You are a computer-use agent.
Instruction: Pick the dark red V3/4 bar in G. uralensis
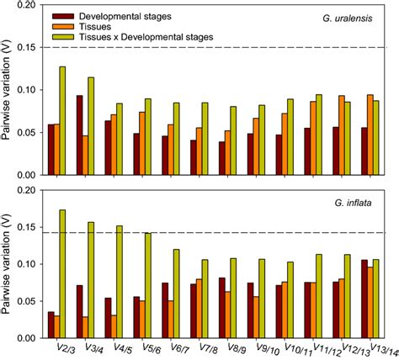(79, 135)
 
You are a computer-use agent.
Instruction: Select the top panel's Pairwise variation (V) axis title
(8, 88)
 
